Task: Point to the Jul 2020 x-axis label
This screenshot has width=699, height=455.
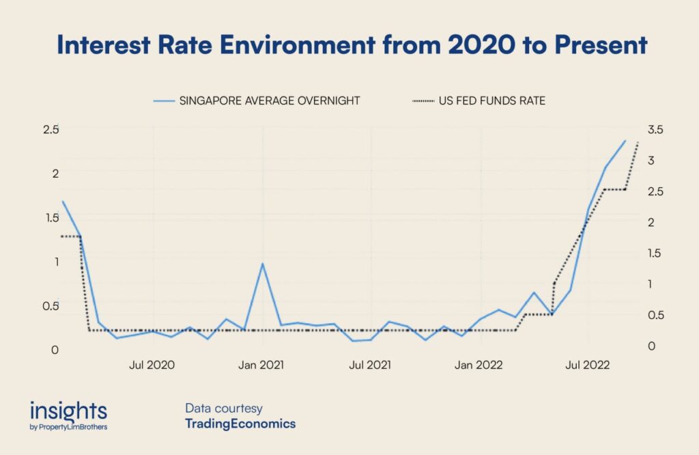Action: [152, 365]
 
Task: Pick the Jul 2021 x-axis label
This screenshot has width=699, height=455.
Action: [370, 365]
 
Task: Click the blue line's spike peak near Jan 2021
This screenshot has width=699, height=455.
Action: [262, 264]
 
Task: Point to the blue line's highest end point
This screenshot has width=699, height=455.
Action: [625, 141]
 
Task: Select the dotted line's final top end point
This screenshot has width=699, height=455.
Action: [638, 142]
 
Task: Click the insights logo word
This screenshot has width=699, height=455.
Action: [68, 411]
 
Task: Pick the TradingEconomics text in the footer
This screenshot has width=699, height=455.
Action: [240, 424]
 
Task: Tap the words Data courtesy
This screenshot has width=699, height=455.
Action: [223, 409]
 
